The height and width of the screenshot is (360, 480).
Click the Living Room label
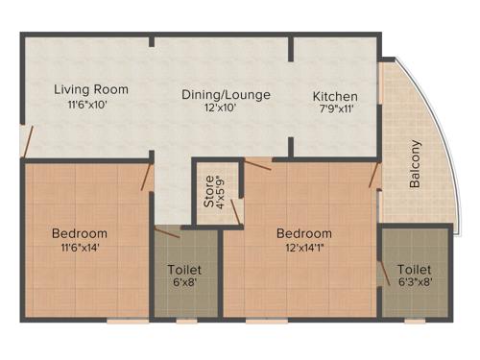click(91, 89)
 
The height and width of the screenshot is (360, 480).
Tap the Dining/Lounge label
click(227, 95)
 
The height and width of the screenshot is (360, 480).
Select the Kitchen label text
click(335, 97)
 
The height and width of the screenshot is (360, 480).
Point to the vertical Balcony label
click(416, 165)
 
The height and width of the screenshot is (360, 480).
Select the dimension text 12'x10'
click(227, 108)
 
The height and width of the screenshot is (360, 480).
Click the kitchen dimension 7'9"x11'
click(335, 110)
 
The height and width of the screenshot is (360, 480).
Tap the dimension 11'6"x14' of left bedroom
click(80, 247)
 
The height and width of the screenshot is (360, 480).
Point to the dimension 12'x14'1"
click(304, 247)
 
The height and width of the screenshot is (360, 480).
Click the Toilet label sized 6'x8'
click(183, 270)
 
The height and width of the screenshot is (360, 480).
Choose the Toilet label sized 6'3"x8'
click(414, 270)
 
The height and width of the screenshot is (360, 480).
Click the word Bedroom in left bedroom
click(80, 233)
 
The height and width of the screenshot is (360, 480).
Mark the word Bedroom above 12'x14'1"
click(304, 233)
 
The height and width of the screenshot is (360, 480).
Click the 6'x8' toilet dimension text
click(183, 283)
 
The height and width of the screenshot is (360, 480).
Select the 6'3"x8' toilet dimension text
click(414, 283)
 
